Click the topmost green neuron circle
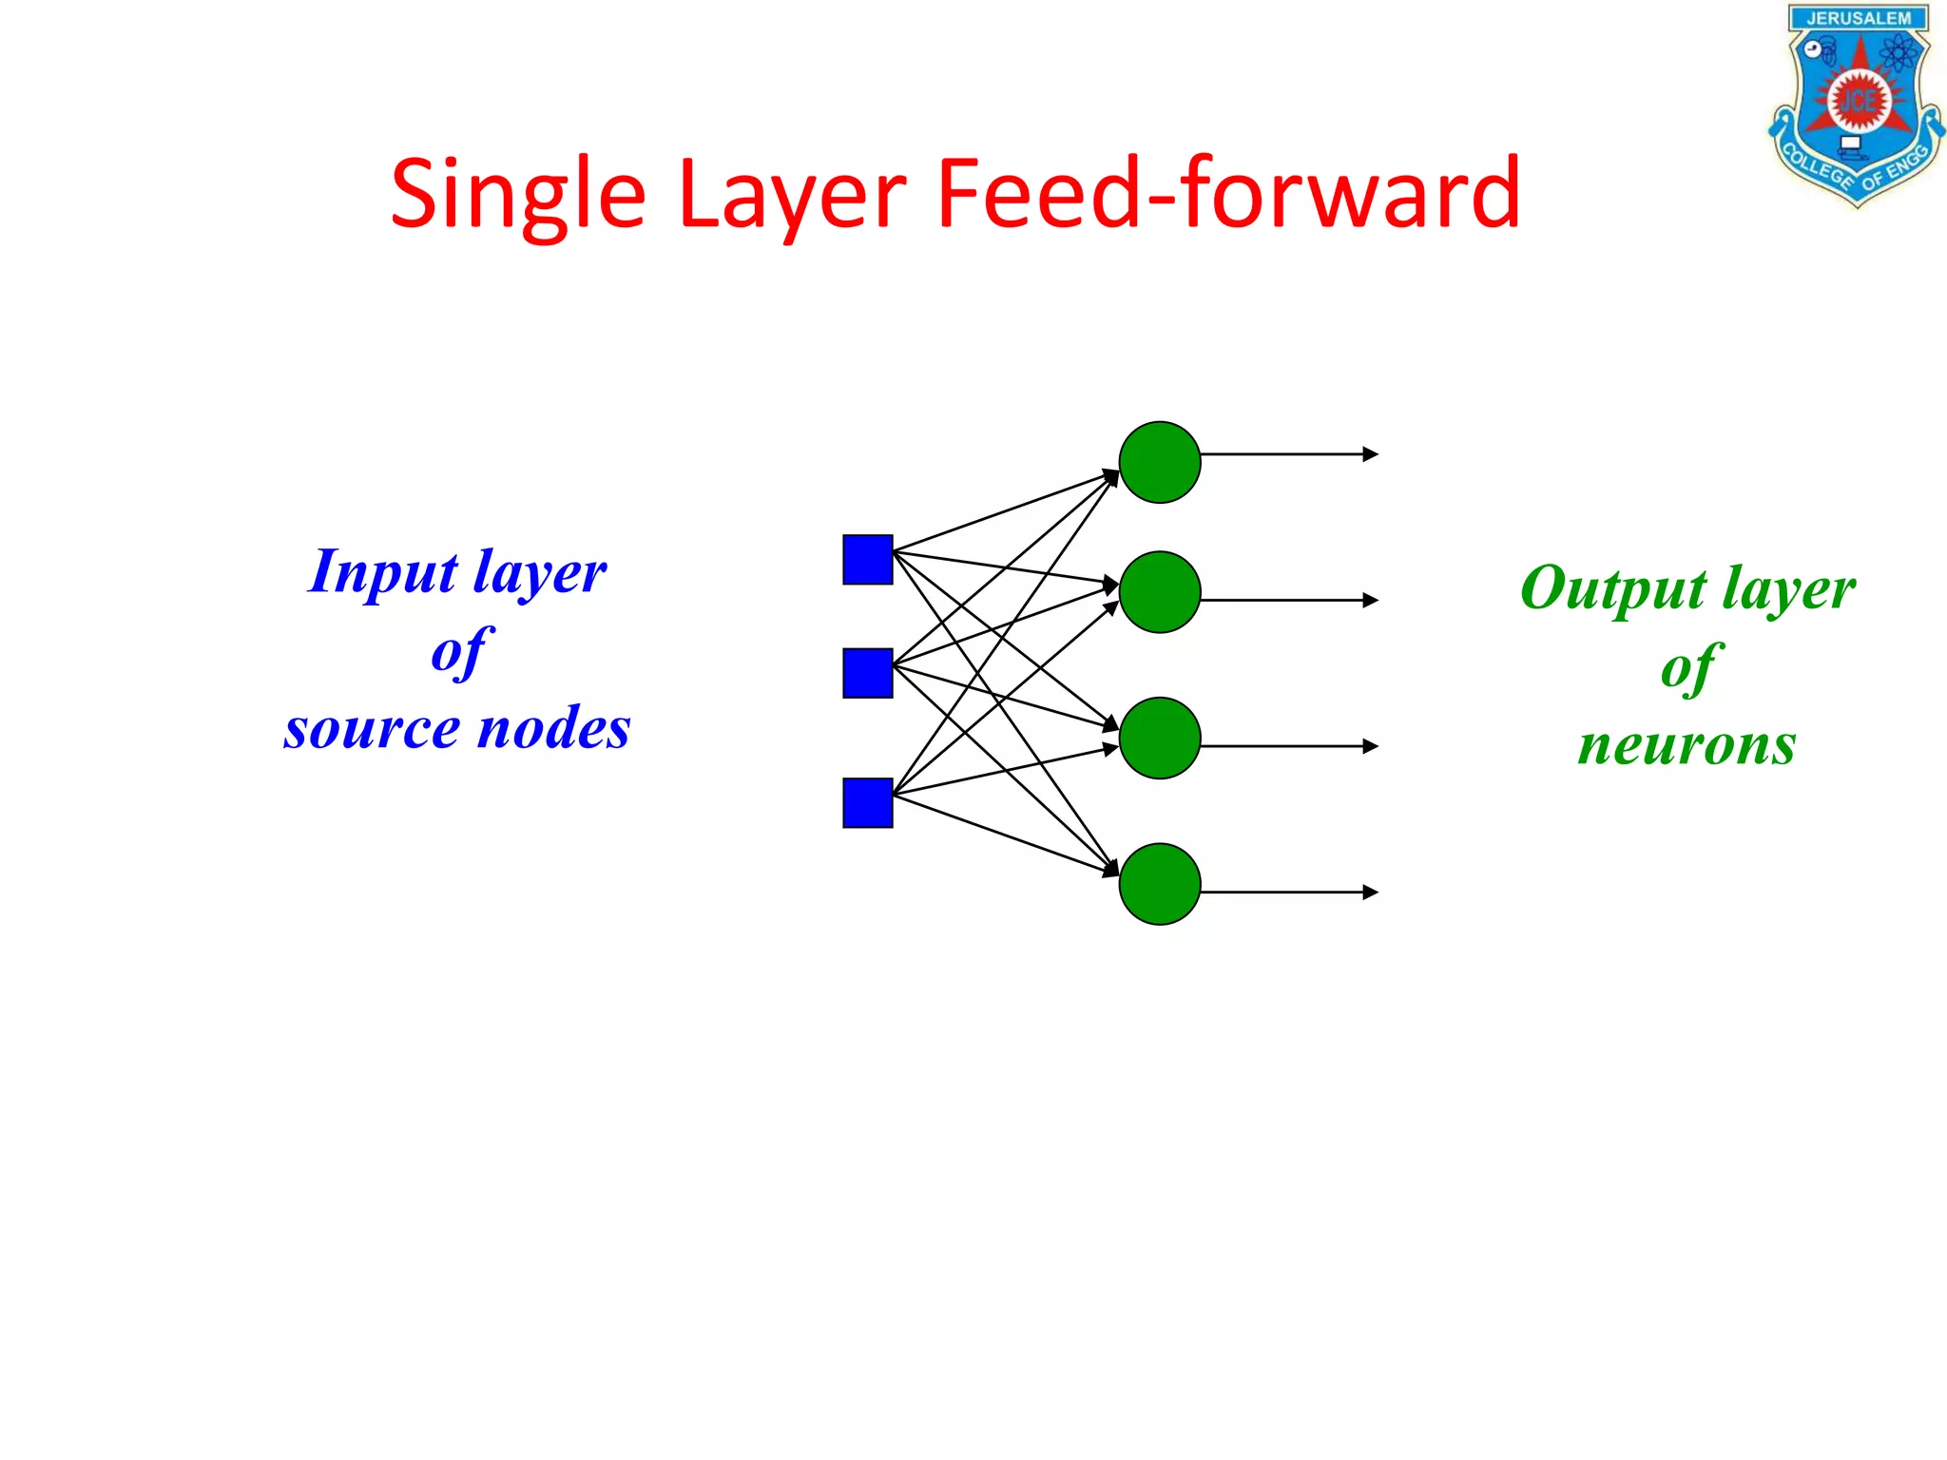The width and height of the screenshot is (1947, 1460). coord(1160,462)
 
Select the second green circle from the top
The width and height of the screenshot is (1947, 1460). coord(1160,592)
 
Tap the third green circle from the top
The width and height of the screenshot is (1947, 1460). coord(1160,739)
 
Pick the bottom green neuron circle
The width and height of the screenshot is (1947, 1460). coord(1160,884)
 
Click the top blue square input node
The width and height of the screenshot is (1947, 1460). coord(867,560)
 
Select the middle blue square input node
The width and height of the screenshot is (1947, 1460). coord(867,673)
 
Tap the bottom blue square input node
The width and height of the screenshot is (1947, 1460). coord(867,803)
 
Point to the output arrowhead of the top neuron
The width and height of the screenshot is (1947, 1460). coord(1371,454)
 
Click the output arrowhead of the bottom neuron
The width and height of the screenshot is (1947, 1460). coord(1371,892)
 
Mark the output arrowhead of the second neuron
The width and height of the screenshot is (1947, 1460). coord(1371,600)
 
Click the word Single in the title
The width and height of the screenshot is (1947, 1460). coord(518,195)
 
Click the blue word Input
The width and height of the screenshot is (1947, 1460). coord(383,573)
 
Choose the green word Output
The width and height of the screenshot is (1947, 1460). coord(1613,589)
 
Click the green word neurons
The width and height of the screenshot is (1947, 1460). coord(1687,744)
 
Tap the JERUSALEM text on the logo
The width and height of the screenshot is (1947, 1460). coord(1858,19)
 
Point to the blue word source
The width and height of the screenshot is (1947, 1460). coord(372,729)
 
